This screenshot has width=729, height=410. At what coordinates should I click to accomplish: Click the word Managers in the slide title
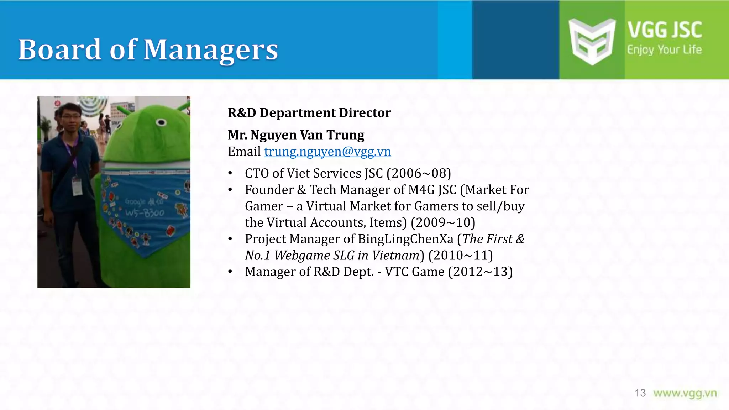point(211,50)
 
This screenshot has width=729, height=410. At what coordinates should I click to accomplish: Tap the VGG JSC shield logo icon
point(592,41)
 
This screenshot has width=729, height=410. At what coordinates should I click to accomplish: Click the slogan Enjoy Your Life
point(664,50)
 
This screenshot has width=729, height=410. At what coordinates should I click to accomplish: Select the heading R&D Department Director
point(309,113)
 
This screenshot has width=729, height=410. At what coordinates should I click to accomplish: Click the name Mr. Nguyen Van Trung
point(296,135)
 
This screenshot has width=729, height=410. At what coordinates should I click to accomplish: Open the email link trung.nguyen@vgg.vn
point(327,152)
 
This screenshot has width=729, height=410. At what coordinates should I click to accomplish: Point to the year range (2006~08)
point(419,173)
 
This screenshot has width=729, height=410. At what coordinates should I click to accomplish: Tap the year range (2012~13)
point(480,272)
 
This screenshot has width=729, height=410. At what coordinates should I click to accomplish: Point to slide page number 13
point(640,393)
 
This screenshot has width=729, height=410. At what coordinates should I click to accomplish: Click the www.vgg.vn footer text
point(685,393)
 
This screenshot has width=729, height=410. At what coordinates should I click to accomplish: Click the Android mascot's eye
point(161,123)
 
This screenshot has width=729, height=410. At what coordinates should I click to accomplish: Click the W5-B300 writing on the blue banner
point(145,213)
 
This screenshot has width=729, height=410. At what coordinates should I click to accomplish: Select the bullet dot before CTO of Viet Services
point(230,174)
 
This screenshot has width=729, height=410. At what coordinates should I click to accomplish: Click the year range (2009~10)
point(443,222)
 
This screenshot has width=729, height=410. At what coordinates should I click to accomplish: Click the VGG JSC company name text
point(665,30)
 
